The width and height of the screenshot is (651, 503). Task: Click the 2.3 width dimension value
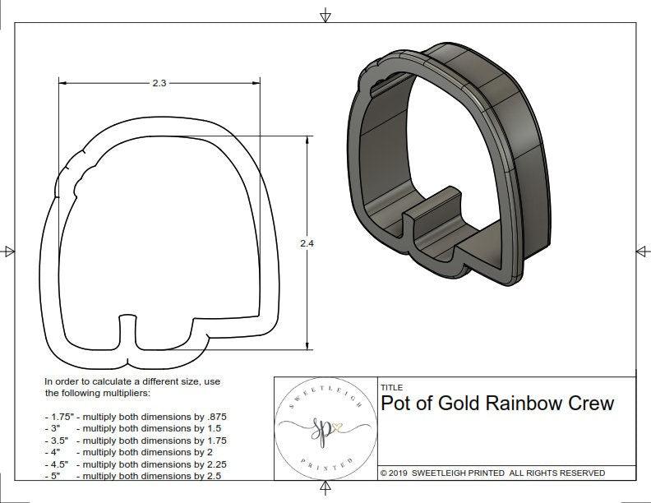click(159, 83)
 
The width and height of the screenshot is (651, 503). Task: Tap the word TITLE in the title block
click(391, 387)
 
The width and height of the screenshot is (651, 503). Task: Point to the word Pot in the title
click(398, 404)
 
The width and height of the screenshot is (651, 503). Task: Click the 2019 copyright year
click(400, 473)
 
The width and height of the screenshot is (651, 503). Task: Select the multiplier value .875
click(214, 417)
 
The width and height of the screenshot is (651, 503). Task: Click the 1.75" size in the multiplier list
click(61, 417)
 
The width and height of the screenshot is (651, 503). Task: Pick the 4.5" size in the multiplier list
click(58, 464)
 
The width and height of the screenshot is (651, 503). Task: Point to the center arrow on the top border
click(325, 15)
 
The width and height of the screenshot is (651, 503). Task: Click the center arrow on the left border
click(9, 251)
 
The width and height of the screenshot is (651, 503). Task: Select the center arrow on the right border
click(641, 251)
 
